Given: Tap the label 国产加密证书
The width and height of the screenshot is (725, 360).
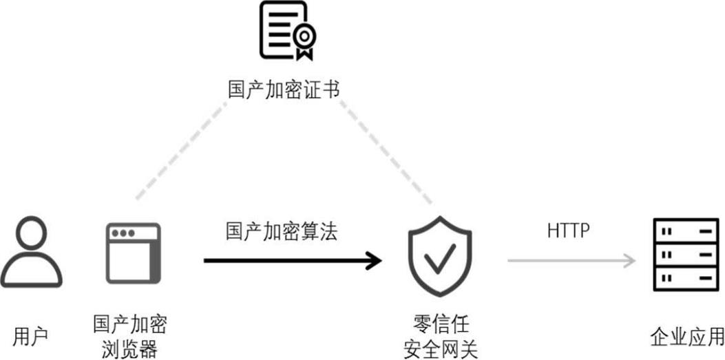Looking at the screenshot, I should point(284,89).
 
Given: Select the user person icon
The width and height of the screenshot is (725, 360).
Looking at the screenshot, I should point(31,253).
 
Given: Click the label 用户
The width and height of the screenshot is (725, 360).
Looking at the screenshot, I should point(30,337).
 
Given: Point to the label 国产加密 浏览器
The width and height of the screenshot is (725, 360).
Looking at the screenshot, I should point(130,336).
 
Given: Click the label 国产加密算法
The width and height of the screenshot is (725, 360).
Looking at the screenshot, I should point(282,232).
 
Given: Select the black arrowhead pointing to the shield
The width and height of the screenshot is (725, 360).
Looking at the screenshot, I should point(374,260).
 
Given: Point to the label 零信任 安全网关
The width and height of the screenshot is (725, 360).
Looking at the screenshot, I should point(439,336).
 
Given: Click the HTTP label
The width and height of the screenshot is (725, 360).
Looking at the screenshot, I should point(569,231).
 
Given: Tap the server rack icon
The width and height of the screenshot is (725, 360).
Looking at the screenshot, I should point(684,255).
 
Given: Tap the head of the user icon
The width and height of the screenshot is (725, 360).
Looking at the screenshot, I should point(31,233).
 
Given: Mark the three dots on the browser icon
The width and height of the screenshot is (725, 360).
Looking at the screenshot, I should point(124,233).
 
